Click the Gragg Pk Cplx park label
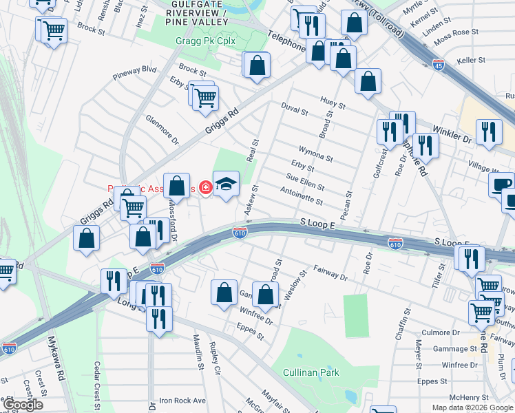point(206,41)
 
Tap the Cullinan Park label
point(311,372)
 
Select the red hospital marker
point(204,186)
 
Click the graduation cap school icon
point(226,184)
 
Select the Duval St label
point(295,107)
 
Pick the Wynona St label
point(316,153)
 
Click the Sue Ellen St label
point(306,182)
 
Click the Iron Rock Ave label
point(182,400)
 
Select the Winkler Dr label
point(452,134)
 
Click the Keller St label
point(471,61)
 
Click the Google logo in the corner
point(23,405)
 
